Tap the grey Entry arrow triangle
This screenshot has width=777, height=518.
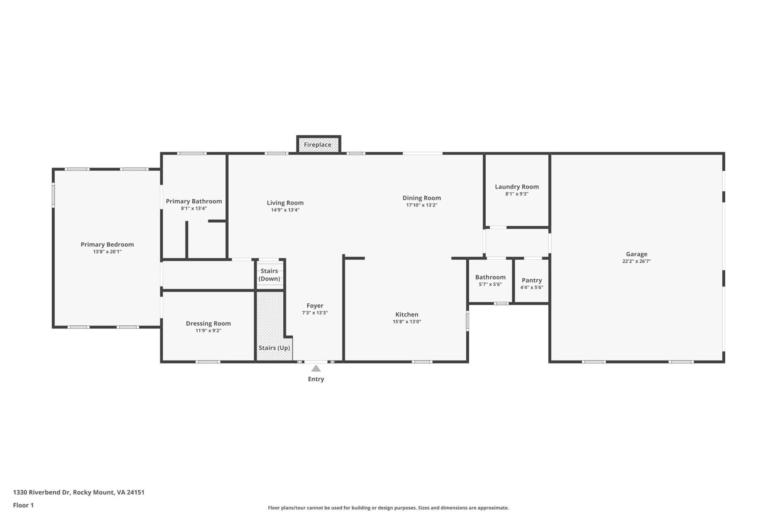click(x=316, y=368)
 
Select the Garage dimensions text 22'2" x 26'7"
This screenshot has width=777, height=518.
click(x=637, y=261)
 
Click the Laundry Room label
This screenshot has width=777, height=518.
click(x=517, y=187)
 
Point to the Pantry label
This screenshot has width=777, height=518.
click(x=532, y=280)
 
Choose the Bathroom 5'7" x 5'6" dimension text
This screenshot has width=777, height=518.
click(x=490, y=284)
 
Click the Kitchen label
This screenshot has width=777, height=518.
click(x=407, y=314)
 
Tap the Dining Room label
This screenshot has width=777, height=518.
click(x=422, y=198)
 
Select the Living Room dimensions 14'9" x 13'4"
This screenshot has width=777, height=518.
click(x=285, y=210)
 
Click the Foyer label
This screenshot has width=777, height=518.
click(x=315, y=306)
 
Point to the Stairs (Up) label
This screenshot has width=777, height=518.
click(x=274, y=348)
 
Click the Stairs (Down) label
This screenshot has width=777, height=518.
click(x=270, y=275)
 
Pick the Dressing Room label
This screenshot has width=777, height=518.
click(x=208, y=324)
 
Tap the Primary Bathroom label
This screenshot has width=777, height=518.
click(x=194, y=202)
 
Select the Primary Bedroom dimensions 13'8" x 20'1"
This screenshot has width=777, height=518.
click(x=107, y=252)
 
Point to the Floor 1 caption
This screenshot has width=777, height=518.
click(x=23, y=505)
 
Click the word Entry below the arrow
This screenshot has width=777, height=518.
click(x=316, y=379)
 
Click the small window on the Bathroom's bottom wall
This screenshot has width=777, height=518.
click(x=501, y=304)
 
